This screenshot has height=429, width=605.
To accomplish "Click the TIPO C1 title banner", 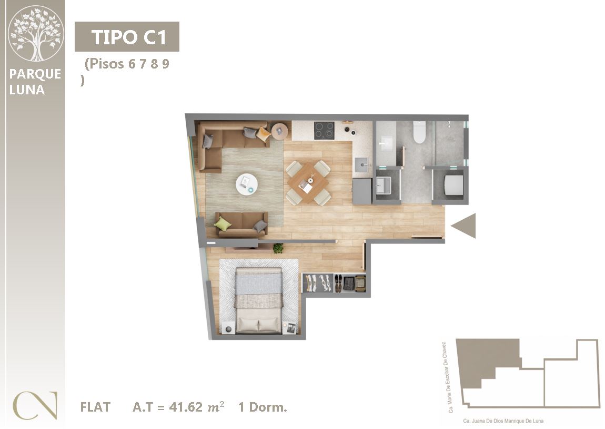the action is [x=127, y=37].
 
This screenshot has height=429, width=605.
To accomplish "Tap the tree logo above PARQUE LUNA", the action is [x=35, y=34].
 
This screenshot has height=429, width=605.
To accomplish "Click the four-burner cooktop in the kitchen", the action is [x=324, y=130].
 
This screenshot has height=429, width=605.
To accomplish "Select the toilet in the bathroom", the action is [x=419, y=132].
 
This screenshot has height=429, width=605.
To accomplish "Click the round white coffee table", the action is [x=247, y=184].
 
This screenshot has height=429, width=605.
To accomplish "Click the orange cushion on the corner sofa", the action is [x=264, y=134].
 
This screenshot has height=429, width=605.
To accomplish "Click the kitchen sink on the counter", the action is [x=362, y=165].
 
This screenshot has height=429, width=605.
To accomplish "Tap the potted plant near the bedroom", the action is [x=278, y=248].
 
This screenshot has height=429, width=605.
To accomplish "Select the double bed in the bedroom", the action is [x=258, y=300].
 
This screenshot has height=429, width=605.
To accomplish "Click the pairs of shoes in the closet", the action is [x=338, y=284].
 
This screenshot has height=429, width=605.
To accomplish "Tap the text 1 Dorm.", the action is [x=263, y=407].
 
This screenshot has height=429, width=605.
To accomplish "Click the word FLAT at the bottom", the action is [x=95, y=407].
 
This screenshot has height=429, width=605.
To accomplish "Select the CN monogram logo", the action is [x=35, y=405].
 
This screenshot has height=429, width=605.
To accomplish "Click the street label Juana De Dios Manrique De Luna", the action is [x=503, y=421].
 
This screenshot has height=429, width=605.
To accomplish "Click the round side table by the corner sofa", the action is [x=280, y=131].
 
